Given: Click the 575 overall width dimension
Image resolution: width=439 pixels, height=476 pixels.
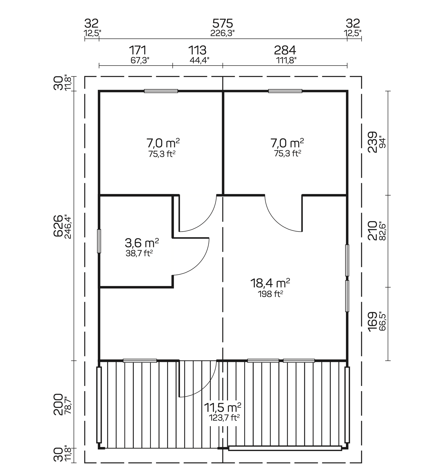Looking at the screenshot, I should pos(223,24).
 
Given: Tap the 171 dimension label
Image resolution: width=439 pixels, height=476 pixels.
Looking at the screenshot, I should pos(138,50).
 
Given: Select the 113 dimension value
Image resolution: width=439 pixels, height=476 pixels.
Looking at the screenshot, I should pos(197,50).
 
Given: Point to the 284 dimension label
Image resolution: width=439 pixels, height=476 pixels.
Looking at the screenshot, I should pos(285,50).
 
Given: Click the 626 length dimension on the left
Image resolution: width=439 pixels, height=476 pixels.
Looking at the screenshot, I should pos(58,226).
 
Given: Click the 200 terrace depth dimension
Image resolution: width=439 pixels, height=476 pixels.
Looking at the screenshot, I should pos(58,405).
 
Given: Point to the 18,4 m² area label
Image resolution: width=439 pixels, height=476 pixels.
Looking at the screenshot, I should pos(270,283).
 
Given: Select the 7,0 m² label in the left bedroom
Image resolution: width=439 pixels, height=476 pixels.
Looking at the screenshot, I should pos(163,143).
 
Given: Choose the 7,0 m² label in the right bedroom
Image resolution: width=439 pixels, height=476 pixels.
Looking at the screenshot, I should pos(287,143).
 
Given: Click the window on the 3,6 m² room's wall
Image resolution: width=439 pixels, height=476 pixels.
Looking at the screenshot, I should pos(99,241).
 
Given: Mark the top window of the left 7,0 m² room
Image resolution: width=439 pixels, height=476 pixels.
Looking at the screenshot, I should pos(161,91).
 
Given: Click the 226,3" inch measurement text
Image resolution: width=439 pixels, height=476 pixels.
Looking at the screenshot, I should pos(222,33).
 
